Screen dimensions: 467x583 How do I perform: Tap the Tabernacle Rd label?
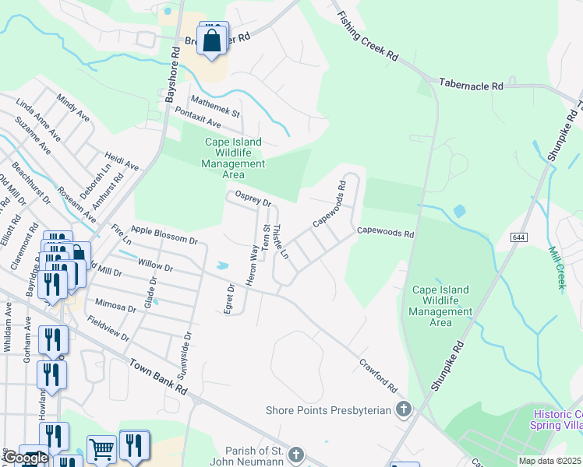pos(471,84)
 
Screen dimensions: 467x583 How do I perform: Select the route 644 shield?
pos(518,236)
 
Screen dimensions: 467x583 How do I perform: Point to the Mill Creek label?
pos(557,268)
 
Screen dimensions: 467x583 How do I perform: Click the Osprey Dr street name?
pos(253,199)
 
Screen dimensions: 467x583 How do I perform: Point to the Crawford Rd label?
pos(379,375)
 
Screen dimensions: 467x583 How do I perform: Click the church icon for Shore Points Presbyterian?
pos(403,409)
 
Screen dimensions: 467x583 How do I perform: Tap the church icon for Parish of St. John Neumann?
pos(295,455)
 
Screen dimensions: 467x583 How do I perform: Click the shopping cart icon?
pos(101,449)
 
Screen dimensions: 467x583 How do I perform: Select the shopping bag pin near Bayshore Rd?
pos(212,41)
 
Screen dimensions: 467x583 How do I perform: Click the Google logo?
pos(25,458)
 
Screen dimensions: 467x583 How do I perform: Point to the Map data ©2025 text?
pos(550,461)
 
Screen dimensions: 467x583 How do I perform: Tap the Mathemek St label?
pos(216,107)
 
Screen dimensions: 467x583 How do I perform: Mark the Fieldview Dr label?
pos(108,328)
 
